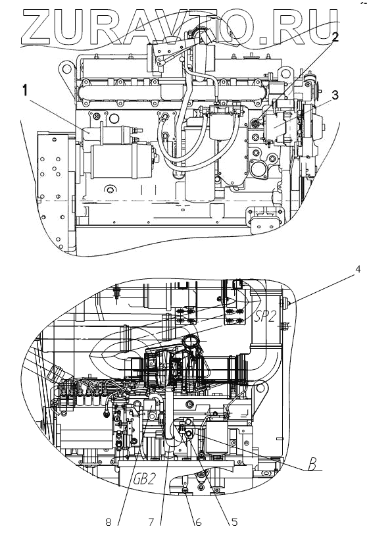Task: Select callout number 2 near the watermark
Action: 335,37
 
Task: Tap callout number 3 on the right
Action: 335,95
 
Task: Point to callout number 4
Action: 357,270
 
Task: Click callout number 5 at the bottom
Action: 234,522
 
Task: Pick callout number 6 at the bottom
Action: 198,522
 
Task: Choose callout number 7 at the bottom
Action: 152,522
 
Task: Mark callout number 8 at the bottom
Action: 109,522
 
